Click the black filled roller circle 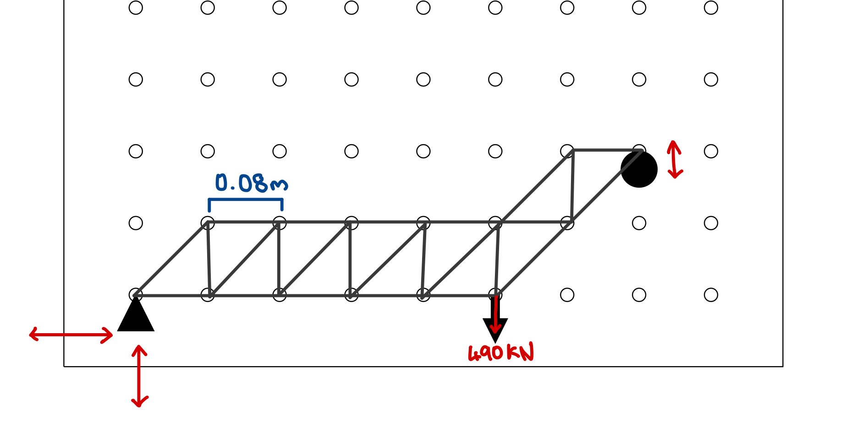(639, 169)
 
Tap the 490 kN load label (501, 353)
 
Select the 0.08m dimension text (251, 183)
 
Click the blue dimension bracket (246, 200)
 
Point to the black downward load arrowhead (495, 329)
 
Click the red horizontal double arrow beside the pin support (71, 335)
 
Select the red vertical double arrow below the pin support (139, 376)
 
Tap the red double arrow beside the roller (675, 159)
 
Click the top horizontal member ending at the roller (605, 150)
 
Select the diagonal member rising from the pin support (172, 259)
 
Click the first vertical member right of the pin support (209, 259)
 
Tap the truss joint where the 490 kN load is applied (496, 295)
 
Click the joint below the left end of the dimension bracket (208, 223)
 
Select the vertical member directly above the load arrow (497, 259)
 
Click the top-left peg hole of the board (136, 8)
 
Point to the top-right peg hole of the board (711, 8)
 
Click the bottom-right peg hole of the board (711, 295)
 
